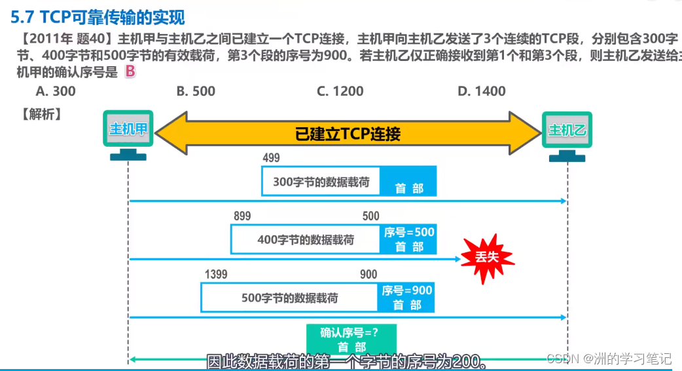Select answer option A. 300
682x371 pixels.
[x=56, y=91]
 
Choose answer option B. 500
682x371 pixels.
[x=196, y=91]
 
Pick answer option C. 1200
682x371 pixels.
[x=340, y=91]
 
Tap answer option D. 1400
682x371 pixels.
[x=482, y=91]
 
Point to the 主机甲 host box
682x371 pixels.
[x=128, y=130]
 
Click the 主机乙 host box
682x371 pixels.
[x=567, y=130]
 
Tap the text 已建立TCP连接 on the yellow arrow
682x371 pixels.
[x=348, y=134]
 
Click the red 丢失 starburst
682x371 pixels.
[x=488, y=256]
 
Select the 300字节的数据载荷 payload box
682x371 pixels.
[x=321, y=182]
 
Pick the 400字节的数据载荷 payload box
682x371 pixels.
[x=305, y=239]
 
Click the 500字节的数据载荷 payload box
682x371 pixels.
[x=289, y=297]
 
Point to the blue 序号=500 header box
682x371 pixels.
[x=408, y=239]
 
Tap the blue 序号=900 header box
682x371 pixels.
[x=407, y=297]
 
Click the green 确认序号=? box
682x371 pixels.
[x=351, y=339]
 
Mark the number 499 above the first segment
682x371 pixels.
[x=271, y=158]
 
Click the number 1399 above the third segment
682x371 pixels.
[x=216, y=274]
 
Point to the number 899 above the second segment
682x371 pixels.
[x=242, y=216]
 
